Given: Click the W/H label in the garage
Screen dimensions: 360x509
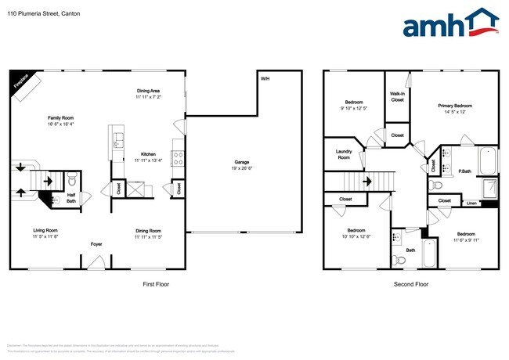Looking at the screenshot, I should coord(264,79).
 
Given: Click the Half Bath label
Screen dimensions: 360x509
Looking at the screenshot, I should coord(71,199).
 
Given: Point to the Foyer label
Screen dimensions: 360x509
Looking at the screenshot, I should coord(96,243).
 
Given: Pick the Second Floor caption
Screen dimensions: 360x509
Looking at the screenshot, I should coord(411,284).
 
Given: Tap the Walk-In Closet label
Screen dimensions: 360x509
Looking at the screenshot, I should coord(398,96).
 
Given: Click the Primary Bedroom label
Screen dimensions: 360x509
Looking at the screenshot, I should coord(455,105).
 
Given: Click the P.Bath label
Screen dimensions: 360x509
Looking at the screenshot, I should coord(464,171).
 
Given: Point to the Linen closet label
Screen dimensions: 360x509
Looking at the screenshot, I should coord(471,203).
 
